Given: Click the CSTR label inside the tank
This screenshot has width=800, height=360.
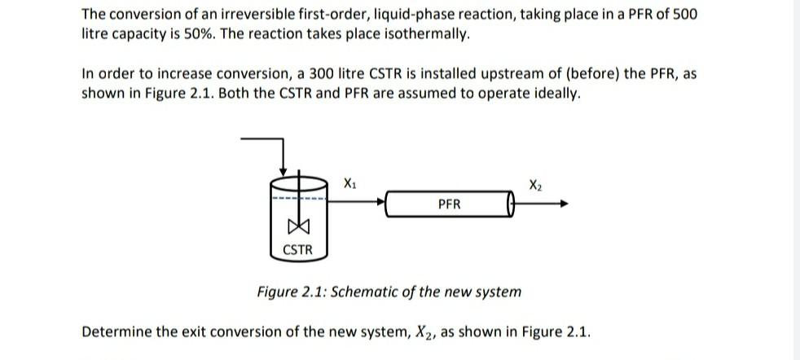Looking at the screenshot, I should (x=297, y=250).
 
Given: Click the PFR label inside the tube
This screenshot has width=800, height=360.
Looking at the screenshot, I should (x=449, y=204).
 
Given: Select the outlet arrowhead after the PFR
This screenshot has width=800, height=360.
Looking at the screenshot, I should (x=562, y=204).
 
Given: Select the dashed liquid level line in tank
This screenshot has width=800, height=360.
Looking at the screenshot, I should (x=298, y=198).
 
